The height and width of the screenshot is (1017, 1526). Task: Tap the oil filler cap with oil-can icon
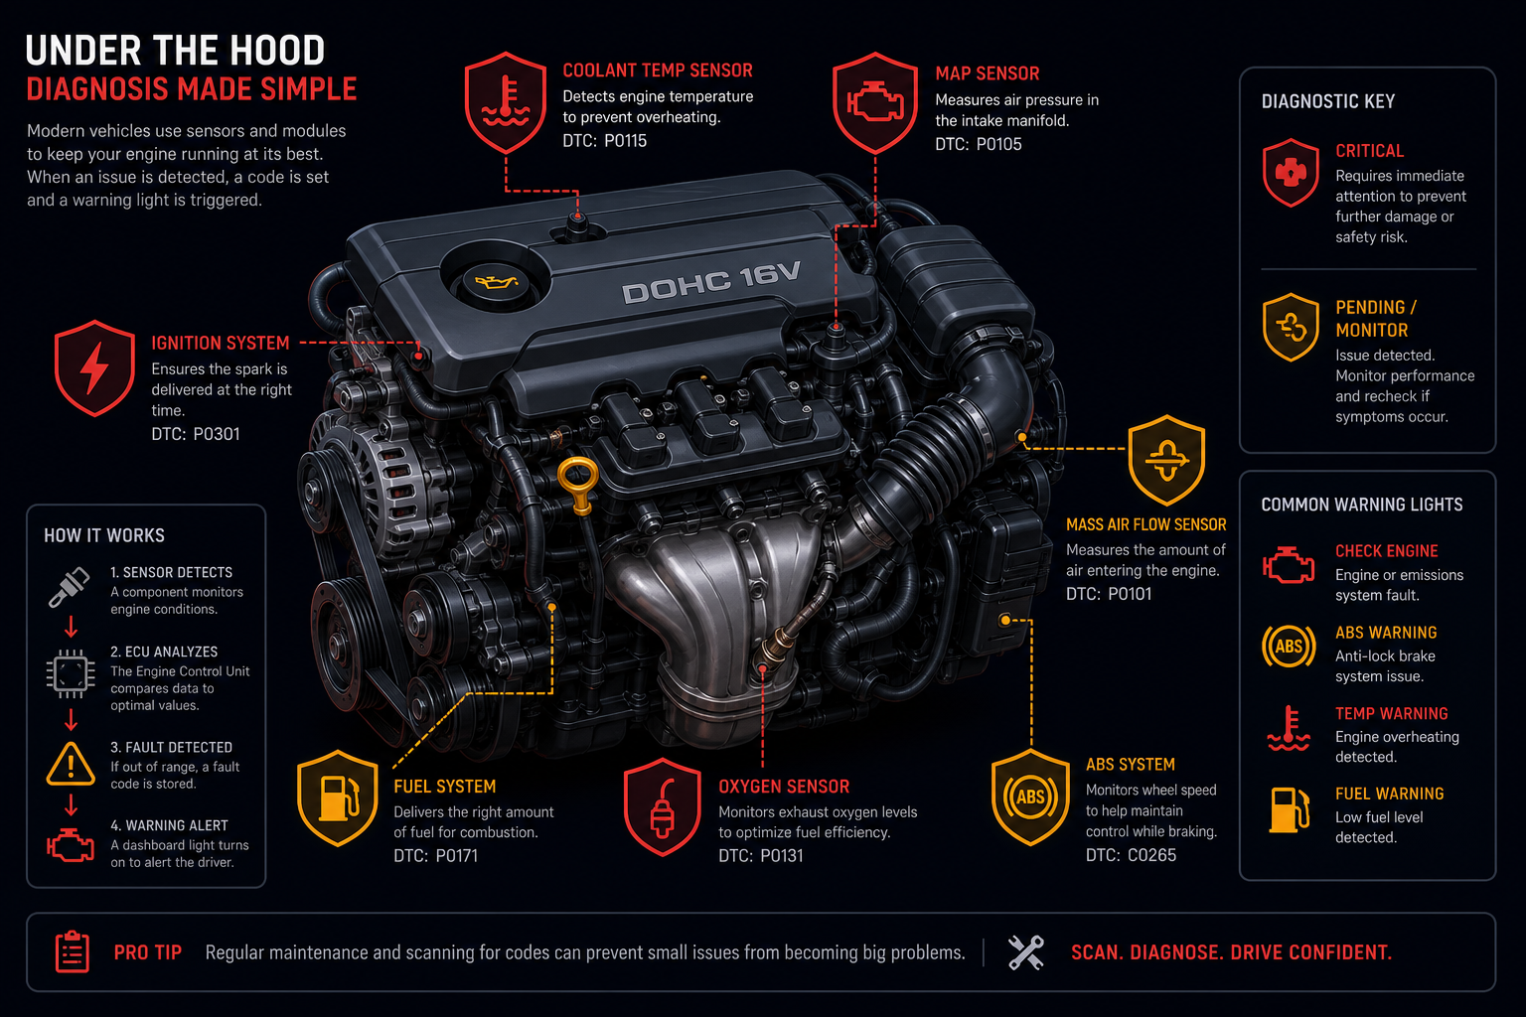(495, 280)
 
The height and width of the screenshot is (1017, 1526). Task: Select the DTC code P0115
(625, 141)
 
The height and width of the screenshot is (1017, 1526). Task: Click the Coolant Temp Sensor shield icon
(506, 102)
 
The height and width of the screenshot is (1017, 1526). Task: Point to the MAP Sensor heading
(988, 73)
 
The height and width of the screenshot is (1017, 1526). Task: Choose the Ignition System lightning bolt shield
(94, 367)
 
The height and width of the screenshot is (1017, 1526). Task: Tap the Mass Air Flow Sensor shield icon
(1166, 460)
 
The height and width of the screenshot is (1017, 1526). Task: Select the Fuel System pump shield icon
(338, 798)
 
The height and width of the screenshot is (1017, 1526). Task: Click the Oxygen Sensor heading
(784, 786)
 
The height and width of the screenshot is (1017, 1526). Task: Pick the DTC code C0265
(1151, 855)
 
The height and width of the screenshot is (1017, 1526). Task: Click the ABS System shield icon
(1030, 797)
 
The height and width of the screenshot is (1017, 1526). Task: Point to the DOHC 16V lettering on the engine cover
(711, 282)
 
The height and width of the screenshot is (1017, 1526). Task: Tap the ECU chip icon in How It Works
(71, 673)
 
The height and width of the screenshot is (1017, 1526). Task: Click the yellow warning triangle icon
(71, 764)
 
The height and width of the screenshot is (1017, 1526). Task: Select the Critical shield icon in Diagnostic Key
(1291, 173)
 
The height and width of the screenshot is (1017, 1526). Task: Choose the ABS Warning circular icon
(1289, 646)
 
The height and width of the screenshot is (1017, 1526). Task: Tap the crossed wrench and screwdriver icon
(1026, 952)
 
